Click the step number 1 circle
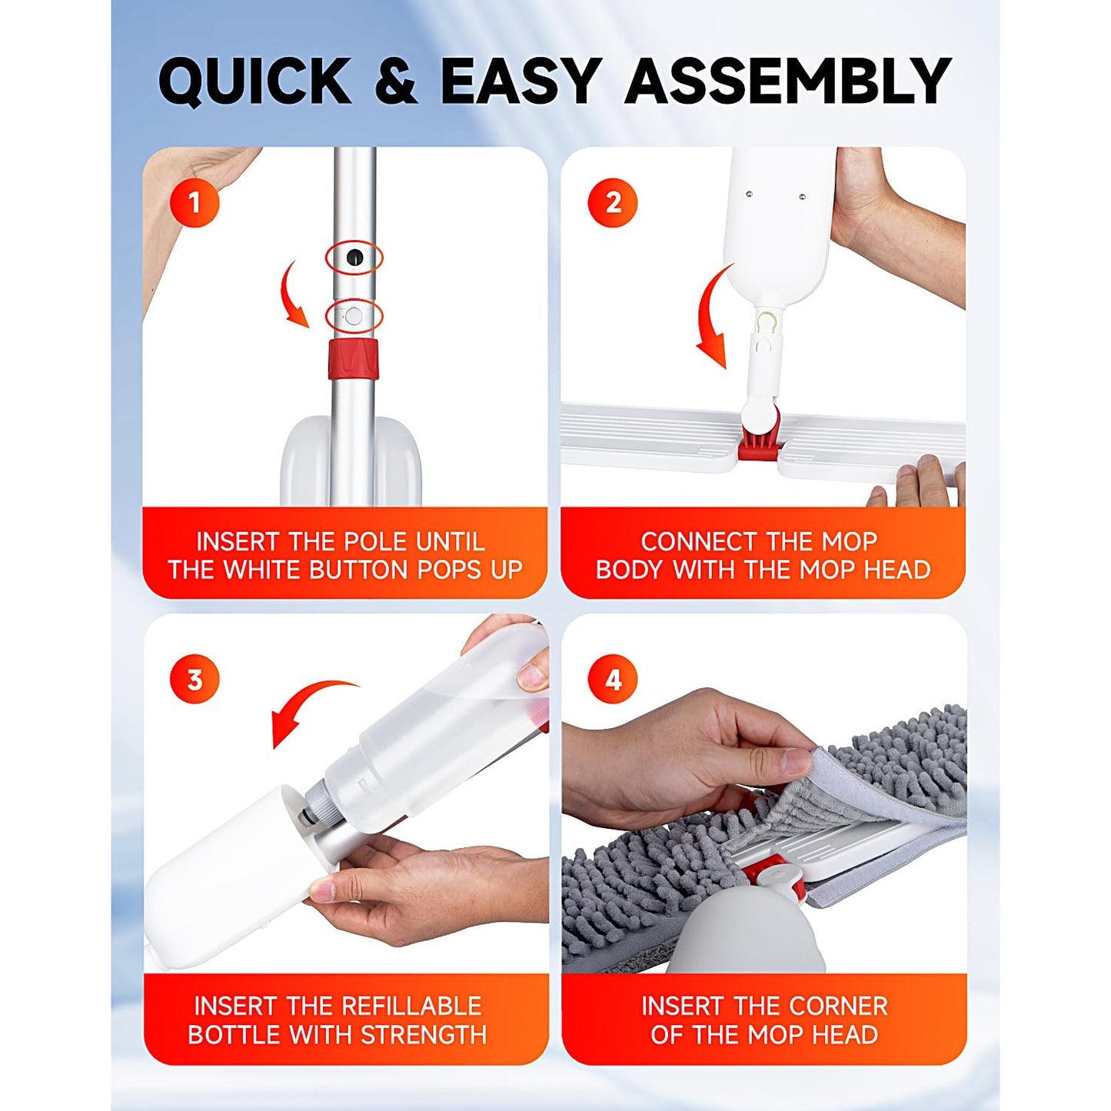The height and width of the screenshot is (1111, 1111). click(x=195, y=203)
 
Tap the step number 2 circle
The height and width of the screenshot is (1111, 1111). click(x=613, y=203)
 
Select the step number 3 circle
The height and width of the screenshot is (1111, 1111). click(x=195, y=680)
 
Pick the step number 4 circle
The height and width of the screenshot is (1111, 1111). click(x=613, y=680)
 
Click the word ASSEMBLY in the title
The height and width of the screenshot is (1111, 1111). click(x=788, y=81)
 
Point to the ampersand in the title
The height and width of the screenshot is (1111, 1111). click(x=396, y=81)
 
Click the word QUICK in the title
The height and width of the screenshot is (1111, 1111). click(x=254, y=81)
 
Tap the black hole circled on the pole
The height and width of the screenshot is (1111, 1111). click(x=354, y=258)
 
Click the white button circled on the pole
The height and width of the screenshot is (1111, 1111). click(x=354, y=315)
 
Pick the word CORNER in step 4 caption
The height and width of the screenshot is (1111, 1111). click(x=837, y=1006)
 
